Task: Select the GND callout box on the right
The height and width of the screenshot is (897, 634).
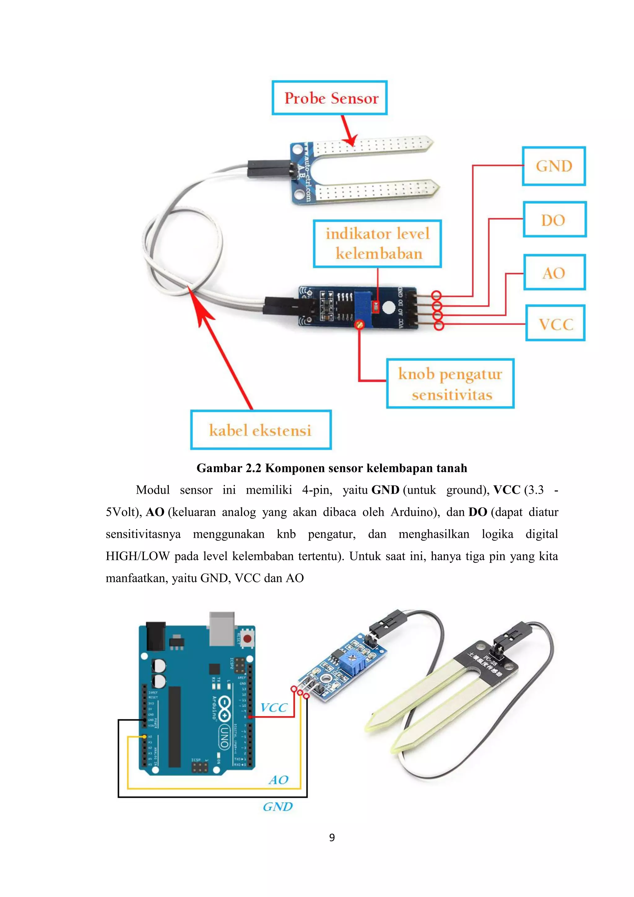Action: click(554, 166)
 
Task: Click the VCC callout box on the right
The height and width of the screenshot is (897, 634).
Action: click(555, 323)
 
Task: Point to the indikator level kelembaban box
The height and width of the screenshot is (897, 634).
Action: click(377, 244)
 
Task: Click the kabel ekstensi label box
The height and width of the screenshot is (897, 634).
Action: click(260, 430)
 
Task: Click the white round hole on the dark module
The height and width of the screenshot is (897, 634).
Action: click(389, 308)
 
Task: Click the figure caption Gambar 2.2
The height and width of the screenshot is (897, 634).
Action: click(332, 468)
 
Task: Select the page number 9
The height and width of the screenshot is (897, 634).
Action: click(332, 837)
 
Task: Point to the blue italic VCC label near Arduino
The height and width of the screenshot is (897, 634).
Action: click(274, 707)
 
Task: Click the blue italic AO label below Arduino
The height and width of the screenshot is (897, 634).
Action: click(278, 780)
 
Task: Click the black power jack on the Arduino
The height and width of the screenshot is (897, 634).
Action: click(155, 636)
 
